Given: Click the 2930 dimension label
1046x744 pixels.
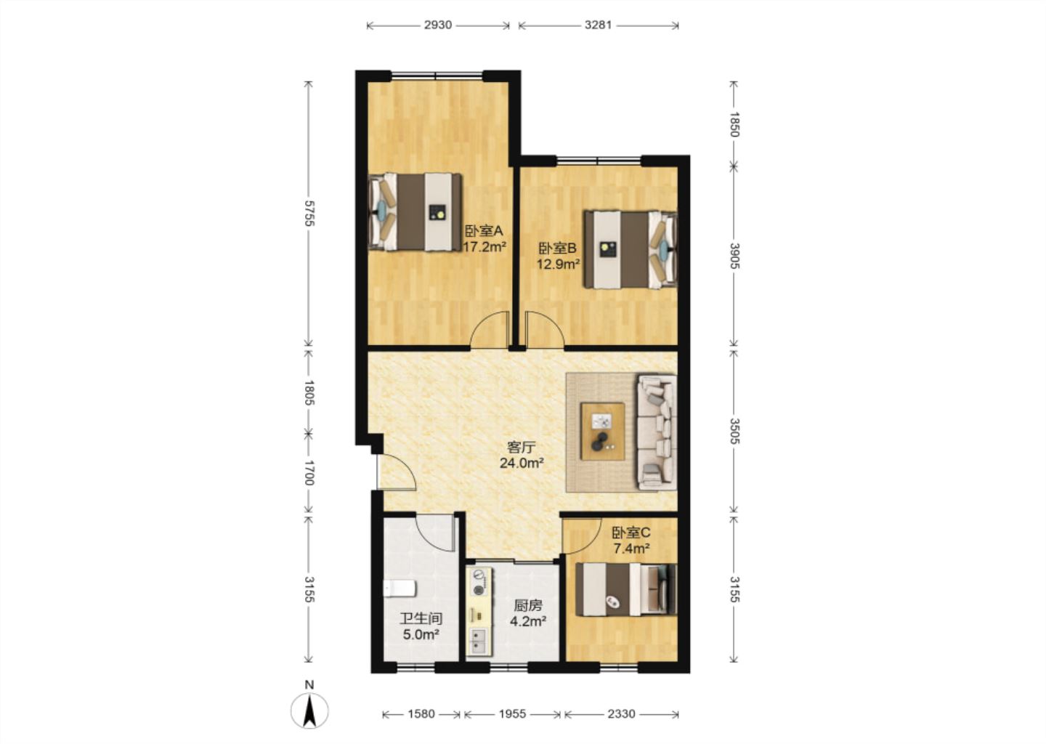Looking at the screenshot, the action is tap(437, 25).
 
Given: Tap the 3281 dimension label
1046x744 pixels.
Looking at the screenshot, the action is tap(599, 25).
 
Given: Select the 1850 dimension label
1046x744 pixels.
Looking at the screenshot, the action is tap(734, 124).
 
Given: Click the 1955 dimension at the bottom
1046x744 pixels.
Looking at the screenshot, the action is tap(512, 713).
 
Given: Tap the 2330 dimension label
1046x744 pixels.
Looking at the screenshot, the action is tap(622, 713).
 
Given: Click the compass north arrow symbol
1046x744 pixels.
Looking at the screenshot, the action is tap(309, 711).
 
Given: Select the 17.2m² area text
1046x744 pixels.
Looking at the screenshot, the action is tap(485, 246).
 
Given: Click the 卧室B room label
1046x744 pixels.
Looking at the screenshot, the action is tap(558, 248).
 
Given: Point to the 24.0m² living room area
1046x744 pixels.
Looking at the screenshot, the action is tap(521, 463).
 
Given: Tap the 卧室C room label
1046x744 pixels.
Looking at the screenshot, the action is tap(631, 533).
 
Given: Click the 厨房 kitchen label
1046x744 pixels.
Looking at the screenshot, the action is tap(528, 606).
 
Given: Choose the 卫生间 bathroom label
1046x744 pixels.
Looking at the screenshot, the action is tap(421, 619).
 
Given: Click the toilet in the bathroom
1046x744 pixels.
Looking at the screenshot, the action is tap(400, 589).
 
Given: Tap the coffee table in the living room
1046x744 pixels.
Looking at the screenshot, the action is tap(603, 432).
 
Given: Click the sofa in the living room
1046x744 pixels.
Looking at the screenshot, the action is tap(657, 432).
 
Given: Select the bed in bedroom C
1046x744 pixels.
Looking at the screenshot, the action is tap(625, 589).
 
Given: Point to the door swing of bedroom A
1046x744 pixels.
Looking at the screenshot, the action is tap(490, 330).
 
